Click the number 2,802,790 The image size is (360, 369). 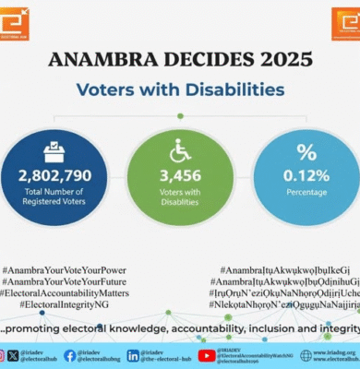(x=54, y=173)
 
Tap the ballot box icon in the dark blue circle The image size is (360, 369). (x=54, y=151)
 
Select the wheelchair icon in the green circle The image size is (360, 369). (x=180, y=151)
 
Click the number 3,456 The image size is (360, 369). (x=180, y=173)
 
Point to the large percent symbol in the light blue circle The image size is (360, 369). (x=306, y=151)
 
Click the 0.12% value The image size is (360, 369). (x=306, y=173)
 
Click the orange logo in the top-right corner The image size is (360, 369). (x=345, y=21)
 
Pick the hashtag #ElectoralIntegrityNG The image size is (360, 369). (x=65, y=304)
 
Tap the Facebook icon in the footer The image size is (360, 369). (x=70, y=355)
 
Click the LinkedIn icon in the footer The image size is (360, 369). (x=133, y=355)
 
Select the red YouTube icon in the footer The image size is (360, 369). (x=207, y=355)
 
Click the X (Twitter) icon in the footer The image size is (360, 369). (x=13, y=355)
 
